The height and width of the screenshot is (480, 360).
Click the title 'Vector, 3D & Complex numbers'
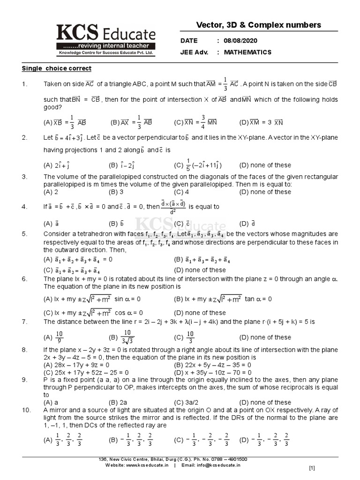tap(258, 25)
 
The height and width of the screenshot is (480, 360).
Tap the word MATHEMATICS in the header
tap(247, 52)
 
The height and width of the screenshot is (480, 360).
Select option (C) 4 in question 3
tap(181, 192)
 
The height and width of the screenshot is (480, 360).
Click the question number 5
tap(24, 233)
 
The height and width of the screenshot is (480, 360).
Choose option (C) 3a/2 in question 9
tap(184, 402)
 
